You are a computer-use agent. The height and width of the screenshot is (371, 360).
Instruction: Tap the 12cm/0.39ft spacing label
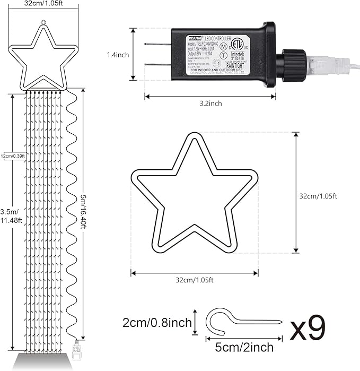[x=13, y=156]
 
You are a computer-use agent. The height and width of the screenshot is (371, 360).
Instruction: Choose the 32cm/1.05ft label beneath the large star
[x=195, y=280]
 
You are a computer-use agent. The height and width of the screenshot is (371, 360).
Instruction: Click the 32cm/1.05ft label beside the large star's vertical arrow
[x=318, y=196]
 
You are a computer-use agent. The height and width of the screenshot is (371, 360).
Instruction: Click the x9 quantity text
[x=308, y=329]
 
